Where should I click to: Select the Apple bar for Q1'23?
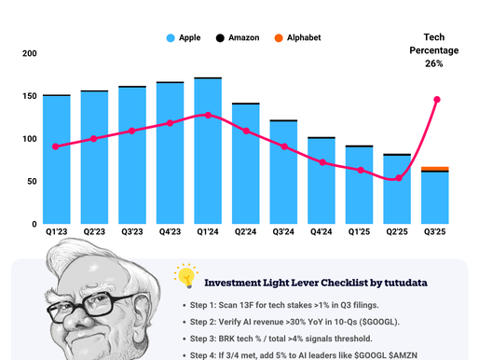coord(56,159)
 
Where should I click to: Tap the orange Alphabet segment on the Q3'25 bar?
coord(434,169)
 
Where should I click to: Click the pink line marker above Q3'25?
coord(436,100)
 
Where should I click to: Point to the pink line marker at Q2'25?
coord(398,177)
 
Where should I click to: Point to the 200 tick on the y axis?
coord(29,54)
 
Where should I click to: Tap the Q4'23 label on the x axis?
coord(170,232)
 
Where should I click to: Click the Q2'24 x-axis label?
coord(246,232)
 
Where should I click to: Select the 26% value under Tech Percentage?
coord(433,64)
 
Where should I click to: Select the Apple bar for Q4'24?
coord(322,181)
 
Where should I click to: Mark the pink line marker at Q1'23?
coord(56,146)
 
